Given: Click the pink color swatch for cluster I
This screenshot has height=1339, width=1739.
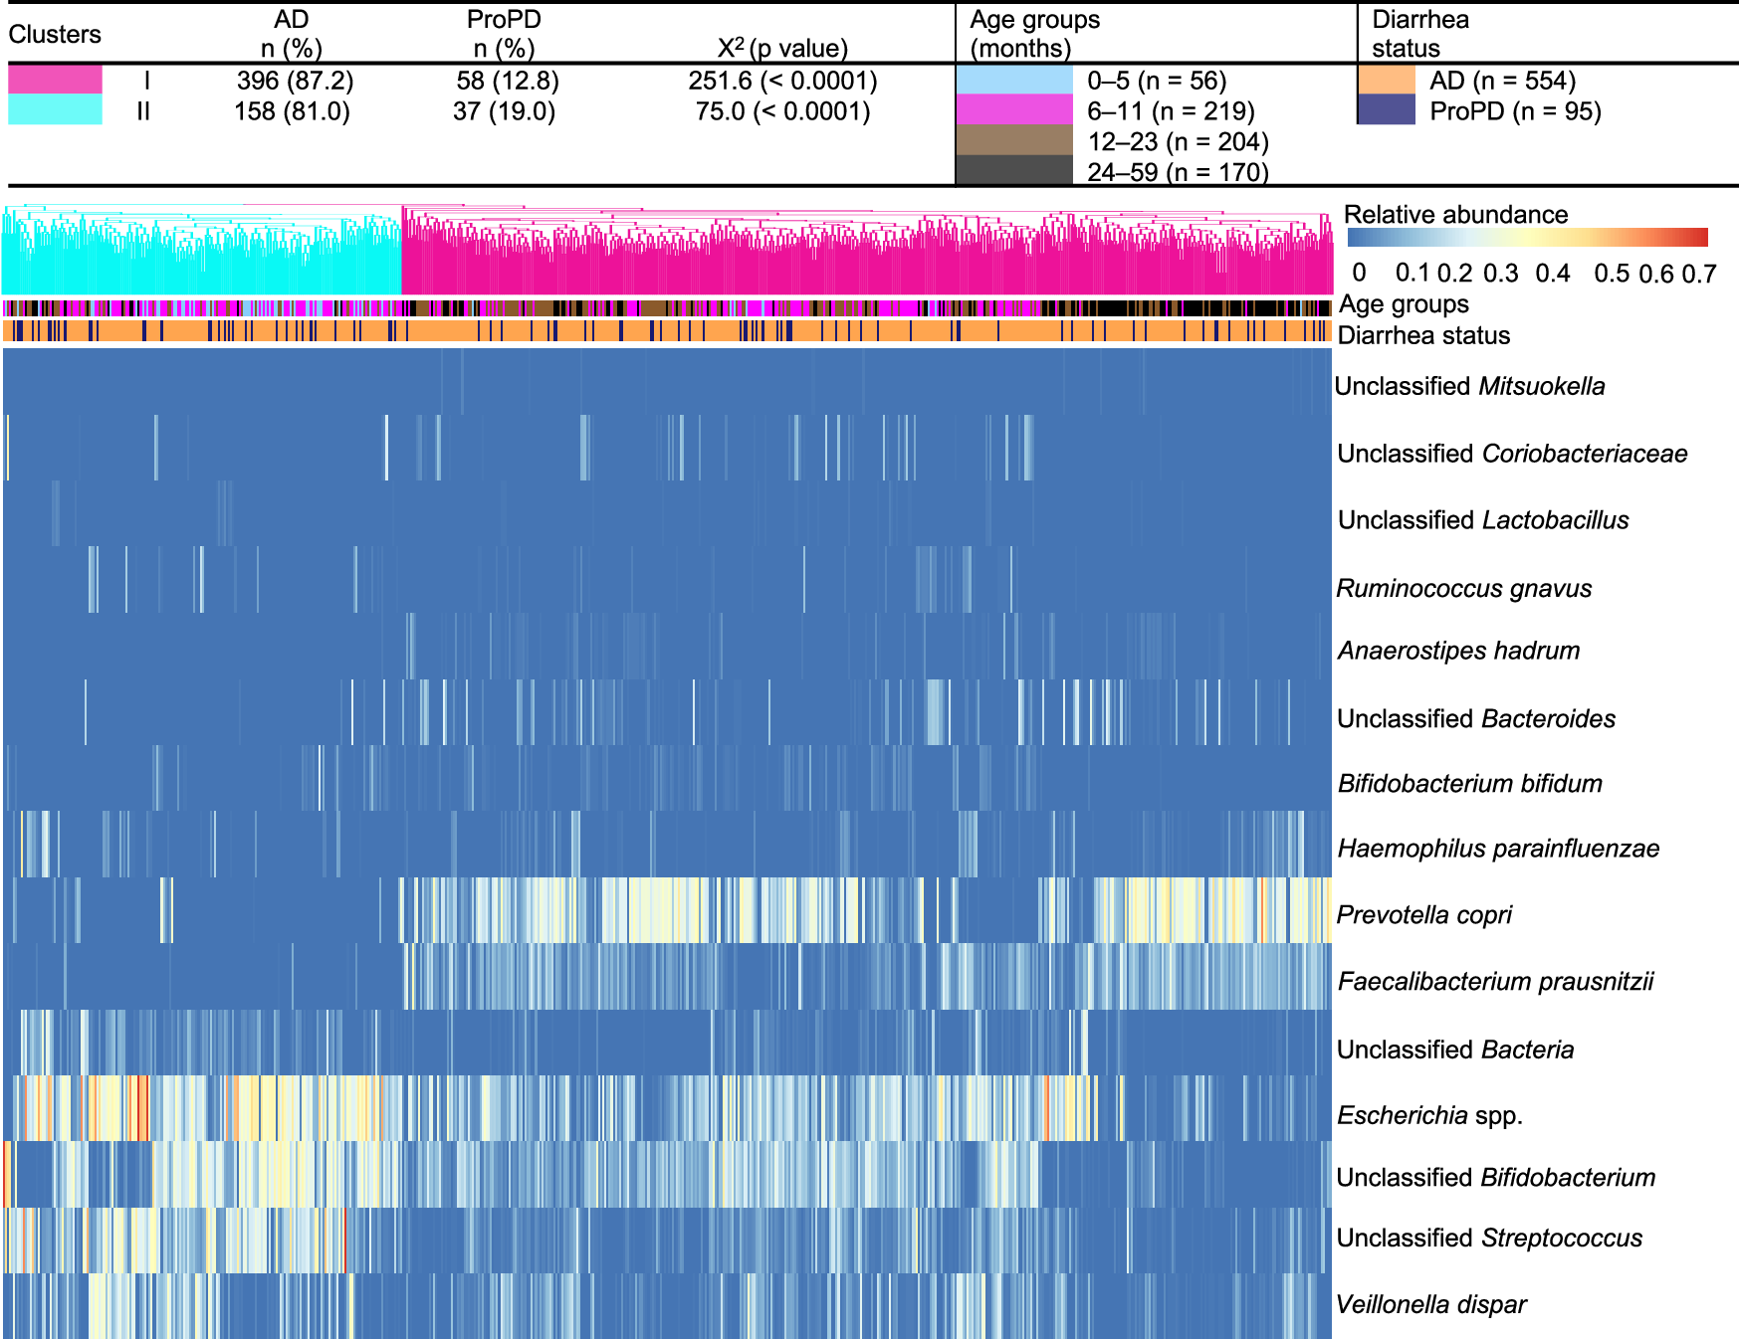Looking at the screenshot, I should coord(55,80).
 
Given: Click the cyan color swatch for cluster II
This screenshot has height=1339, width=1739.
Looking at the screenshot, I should coord(55,109).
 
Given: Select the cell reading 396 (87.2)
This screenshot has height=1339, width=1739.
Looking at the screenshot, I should coord(295,81).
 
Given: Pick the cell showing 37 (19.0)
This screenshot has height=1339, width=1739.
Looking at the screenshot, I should coord(504,111).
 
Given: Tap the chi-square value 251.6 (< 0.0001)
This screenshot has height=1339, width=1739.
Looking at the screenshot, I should coord(782,81).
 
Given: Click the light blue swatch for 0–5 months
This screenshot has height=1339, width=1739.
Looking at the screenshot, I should coord(1014,80).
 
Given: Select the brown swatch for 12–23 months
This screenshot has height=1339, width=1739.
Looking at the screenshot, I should coord(1014,140).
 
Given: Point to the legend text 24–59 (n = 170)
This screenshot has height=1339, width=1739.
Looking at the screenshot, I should coord(1178,172).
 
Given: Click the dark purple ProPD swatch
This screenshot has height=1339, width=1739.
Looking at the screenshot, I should coord(1387,110).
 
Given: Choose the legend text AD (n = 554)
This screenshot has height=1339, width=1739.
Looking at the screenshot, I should coord(1502,81).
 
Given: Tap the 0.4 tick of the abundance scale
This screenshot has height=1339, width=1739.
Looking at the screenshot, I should coord(1552,274).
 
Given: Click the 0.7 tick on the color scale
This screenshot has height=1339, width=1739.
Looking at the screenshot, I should coord(1699,274).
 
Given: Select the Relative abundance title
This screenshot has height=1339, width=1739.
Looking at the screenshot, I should coord(1455,215).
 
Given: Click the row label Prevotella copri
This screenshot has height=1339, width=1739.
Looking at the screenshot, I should coord(1423,914).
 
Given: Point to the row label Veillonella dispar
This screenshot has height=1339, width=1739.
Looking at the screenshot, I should coord(1430,1304).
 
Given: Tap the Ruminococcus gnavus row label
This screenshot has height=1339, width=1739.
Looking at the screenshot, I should coord(1463,588).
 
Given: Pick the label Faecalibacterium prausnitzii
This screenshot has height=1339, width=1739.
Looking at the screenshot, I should coord(1495,981).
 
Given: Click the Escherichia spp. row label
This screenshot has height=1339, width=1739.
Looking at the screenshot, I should coord(1429,1115).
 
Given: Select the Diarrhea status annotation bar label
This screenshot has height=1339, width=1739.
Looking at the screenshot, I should coord(1423,335).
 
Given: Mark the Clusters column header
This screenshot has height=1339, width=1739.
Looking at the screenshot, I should coord(55,35).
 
